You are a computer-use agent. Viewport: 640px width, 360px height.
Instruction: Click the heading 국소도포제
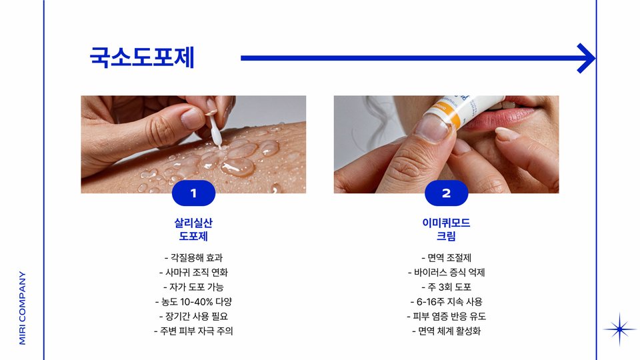click(141, 57)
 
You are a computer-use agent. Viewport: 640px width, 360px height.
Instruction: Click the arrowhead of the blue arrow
click(586, 59)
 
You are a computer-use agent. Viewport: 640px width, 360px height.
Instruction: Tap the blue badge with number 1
click(193, 193)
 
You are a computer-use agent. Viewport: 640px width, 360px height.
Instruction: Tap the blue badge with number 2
click(446, 193)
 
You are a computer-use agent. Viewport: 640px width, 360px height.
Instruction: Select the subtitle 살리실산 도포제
click(193, 229)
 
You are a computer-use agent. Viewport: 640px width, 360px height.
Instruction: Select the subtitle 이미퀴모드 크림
click(446, 229)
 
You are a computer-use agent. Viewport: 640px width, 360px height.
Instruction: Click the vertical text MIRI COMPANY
click(23, 308)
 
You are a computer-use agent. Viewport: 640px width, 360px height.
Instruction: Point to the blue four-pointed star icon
click(619, 329)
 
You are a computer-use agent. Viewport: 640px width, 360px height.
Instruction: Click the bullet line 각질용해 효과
click(193, 257)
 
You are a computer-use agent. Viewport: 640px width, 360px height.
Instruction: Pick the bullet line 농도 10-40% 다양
click(193, 301)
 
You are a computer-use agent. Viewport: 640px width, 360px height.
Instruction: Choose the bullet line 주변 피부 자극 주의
click(193, 331)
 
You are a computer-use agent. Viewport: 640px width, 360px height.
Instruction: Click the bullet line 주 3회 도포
click(446, 287)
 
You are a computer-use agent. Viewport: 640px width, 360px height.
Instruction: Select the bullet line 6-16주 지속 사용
click(446, 301)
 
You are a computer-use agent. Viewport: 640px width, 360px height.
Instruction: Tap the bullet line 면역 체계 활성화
click(446, 331)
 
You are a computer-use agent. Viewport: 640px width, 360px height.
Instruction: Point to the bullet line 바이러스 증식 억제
click(446, 272)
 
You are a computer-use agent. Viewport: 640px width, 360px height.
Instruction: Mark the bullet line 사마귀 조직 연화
click(193, 272)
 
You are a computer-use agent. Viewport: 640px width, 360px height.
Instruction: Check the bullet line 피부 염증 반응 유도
click(446, 316)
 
